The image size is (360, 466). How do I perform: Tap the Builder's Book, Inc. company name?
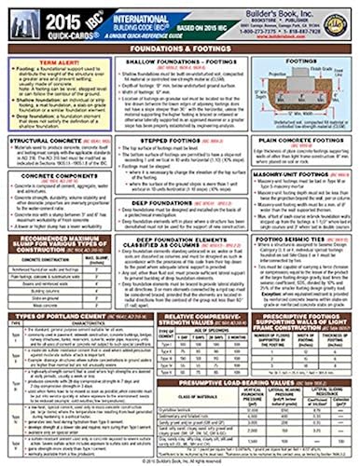(289, 11)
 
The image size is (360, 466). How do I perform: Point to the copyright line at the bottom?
(180, 461)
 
